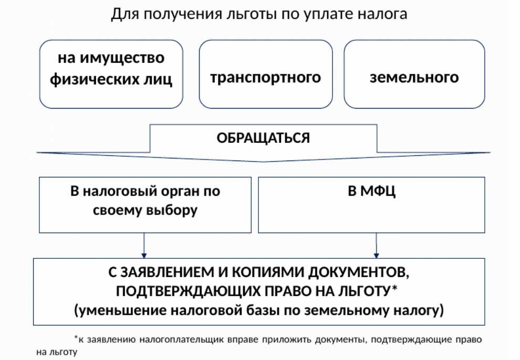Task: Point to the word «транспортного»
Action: (x=265, y=78)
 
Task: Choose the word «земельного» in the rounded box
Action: (x=414, y=78)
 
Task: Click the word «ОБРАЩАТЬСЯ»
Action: (x=263, y=138)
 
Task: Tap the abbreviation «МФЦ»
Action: (x=378, y=191)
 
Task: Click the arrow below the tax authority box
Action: (x=144, y=246)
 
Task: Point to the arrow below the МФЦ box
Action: (x=376, y=246)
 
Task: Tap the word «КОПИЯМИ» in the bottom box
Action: (x=268, y=272)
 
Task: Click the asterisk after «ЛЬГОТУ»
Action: (x=394, y=288)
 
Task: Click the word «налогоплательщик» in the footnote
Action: (x=181, y=340)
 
